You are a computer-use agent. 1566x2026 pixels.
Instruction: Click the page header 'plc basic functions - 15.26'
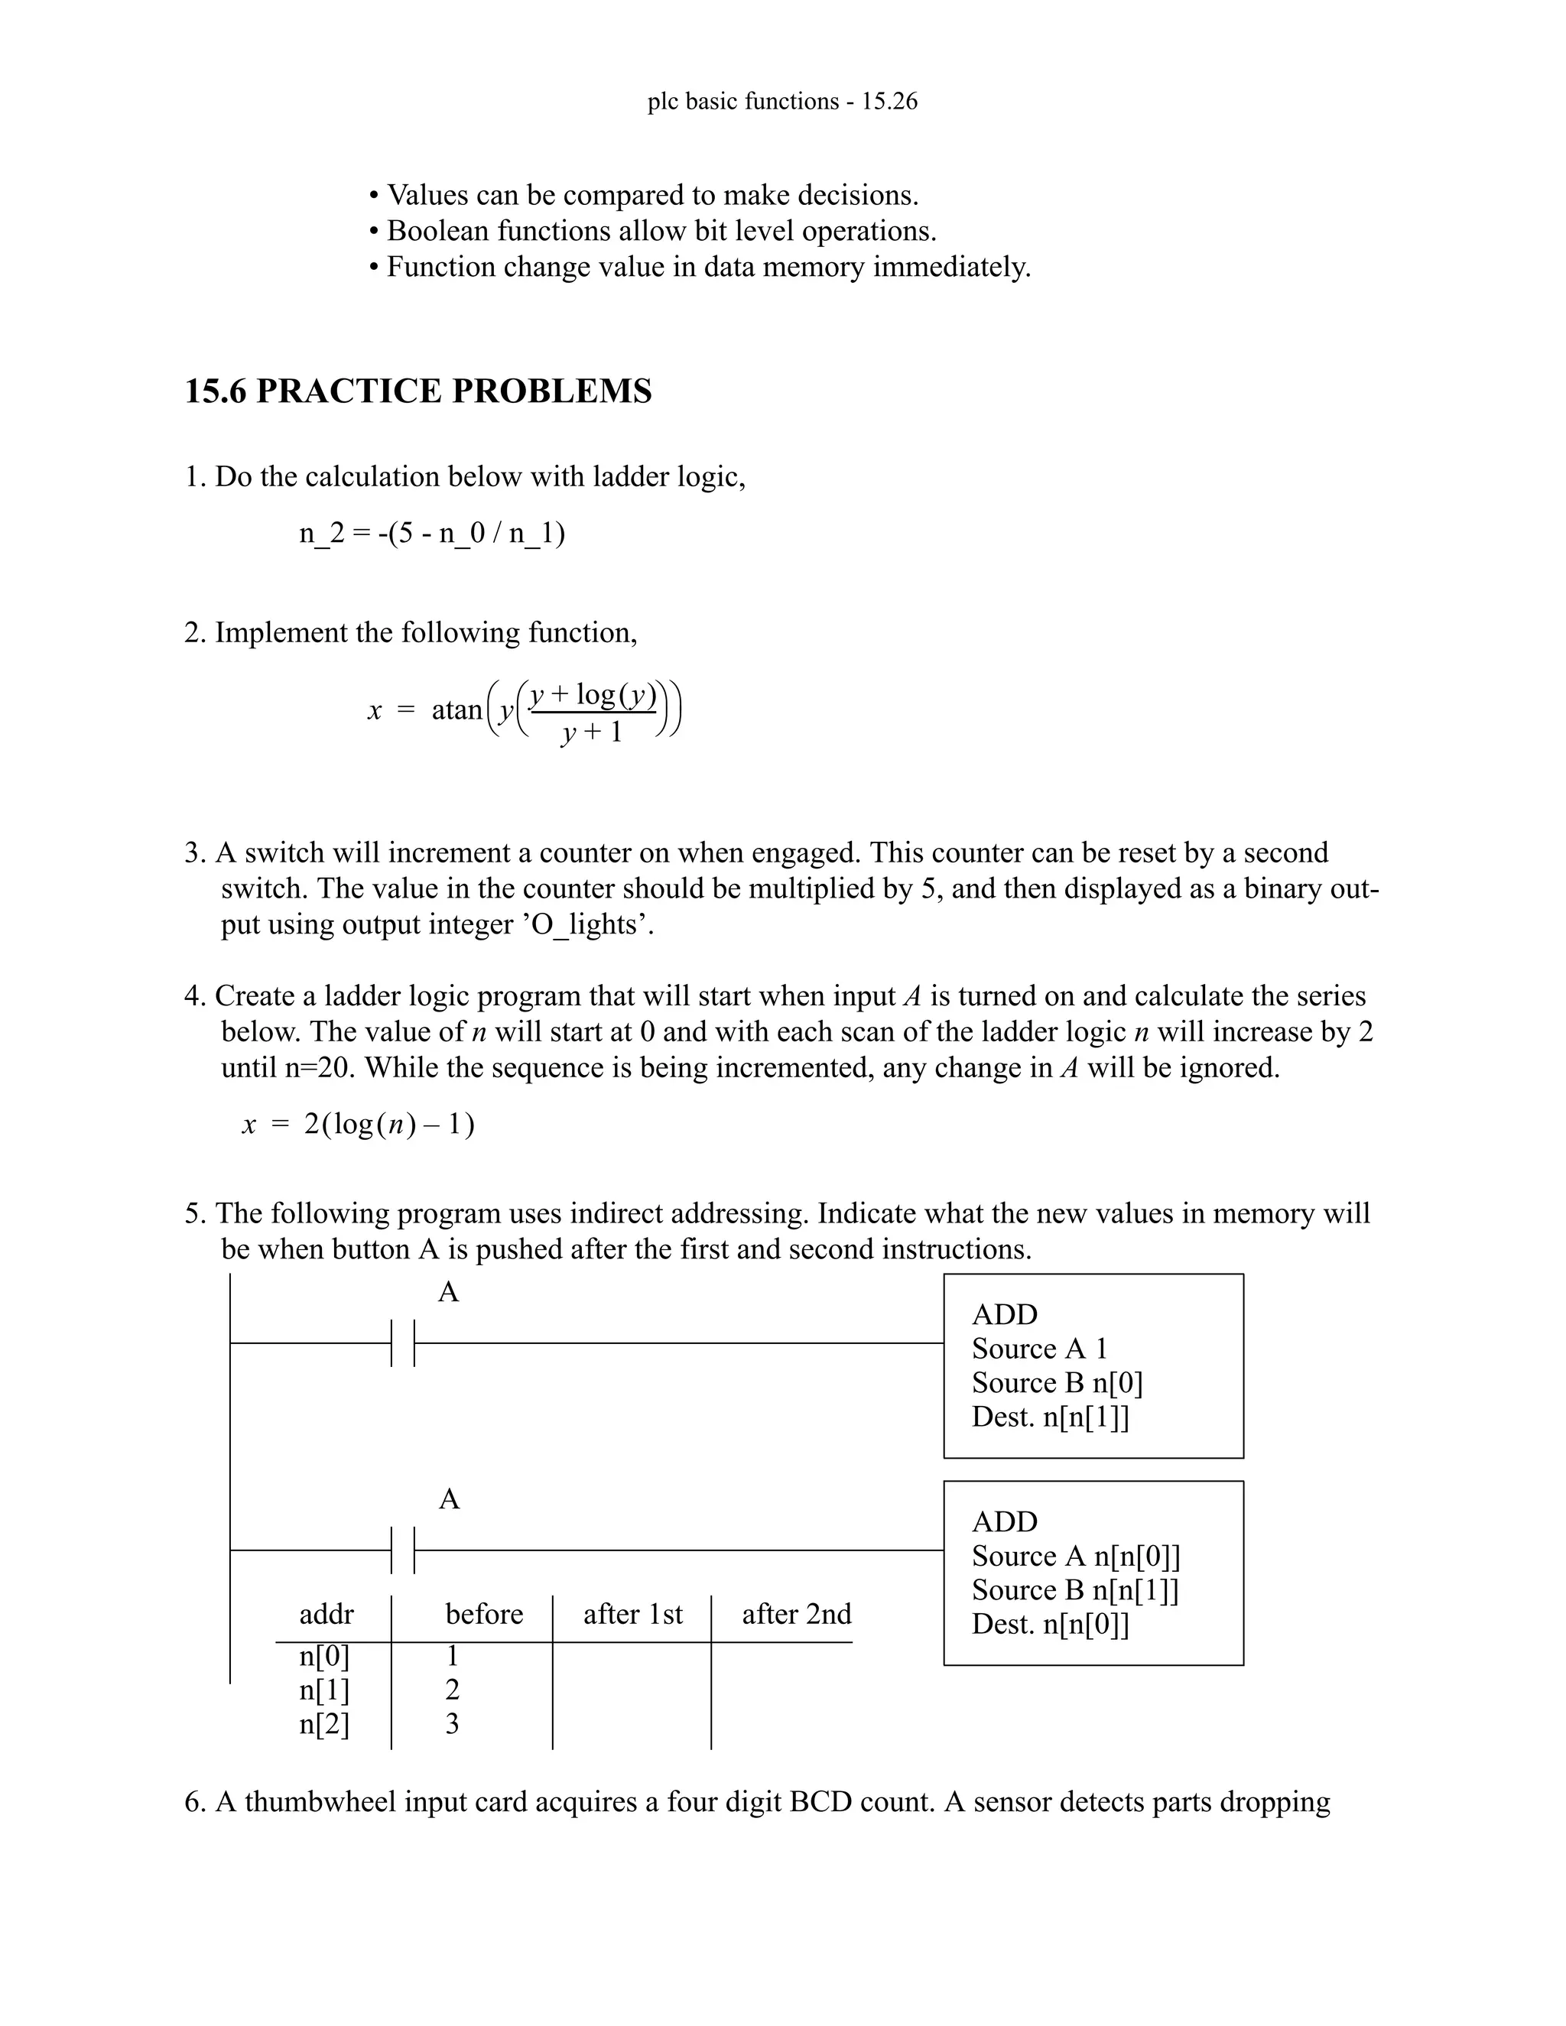pos(782,101)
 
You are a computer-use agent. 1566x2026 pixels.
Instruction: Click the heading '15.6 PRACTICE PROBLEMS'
pos(417,391)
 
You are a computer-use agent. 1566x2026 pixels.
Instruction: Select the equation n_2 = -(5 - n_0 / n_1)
pos(431,534)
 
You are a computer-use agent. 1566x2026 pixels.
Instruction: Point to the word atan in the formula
pos(456,710)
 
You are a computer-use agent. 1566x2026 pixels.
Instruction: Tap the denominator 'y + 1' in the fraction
pos(592,733)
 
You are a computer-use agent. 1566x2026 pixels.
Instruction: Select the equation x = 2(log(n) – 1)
pos(358,1125)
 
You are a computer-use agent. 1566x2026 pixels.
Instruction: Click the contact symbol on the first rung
pos(403,1343)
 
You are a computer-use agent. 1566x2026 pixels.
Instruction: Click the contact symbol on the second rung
pos(403,1550)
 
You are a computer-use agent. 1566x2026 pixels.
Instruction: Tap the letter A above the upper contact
pos(448,1292)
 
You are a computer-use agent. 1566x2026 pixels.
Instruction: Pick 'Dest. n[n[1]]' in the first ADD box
pos(1050,1417)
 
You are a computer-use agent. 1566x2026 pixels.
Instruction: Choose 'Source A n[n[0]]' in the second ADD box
pos(1075,1557)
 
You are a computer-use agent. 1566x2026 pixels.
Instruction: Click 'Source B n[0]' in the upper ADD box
pos(1057,1383)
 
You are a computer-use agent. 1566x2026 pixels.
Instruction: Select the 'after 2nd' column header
pos(796,1614)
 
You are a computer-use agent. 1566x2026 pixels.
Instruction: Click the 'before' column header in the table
pos(483,1614)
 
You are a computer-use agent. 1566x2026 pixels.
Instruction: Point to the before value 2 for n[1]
pos(452,1690)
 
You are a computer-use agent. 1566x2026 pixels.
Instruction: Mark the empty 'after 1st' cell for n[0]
pos(631,1657)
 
